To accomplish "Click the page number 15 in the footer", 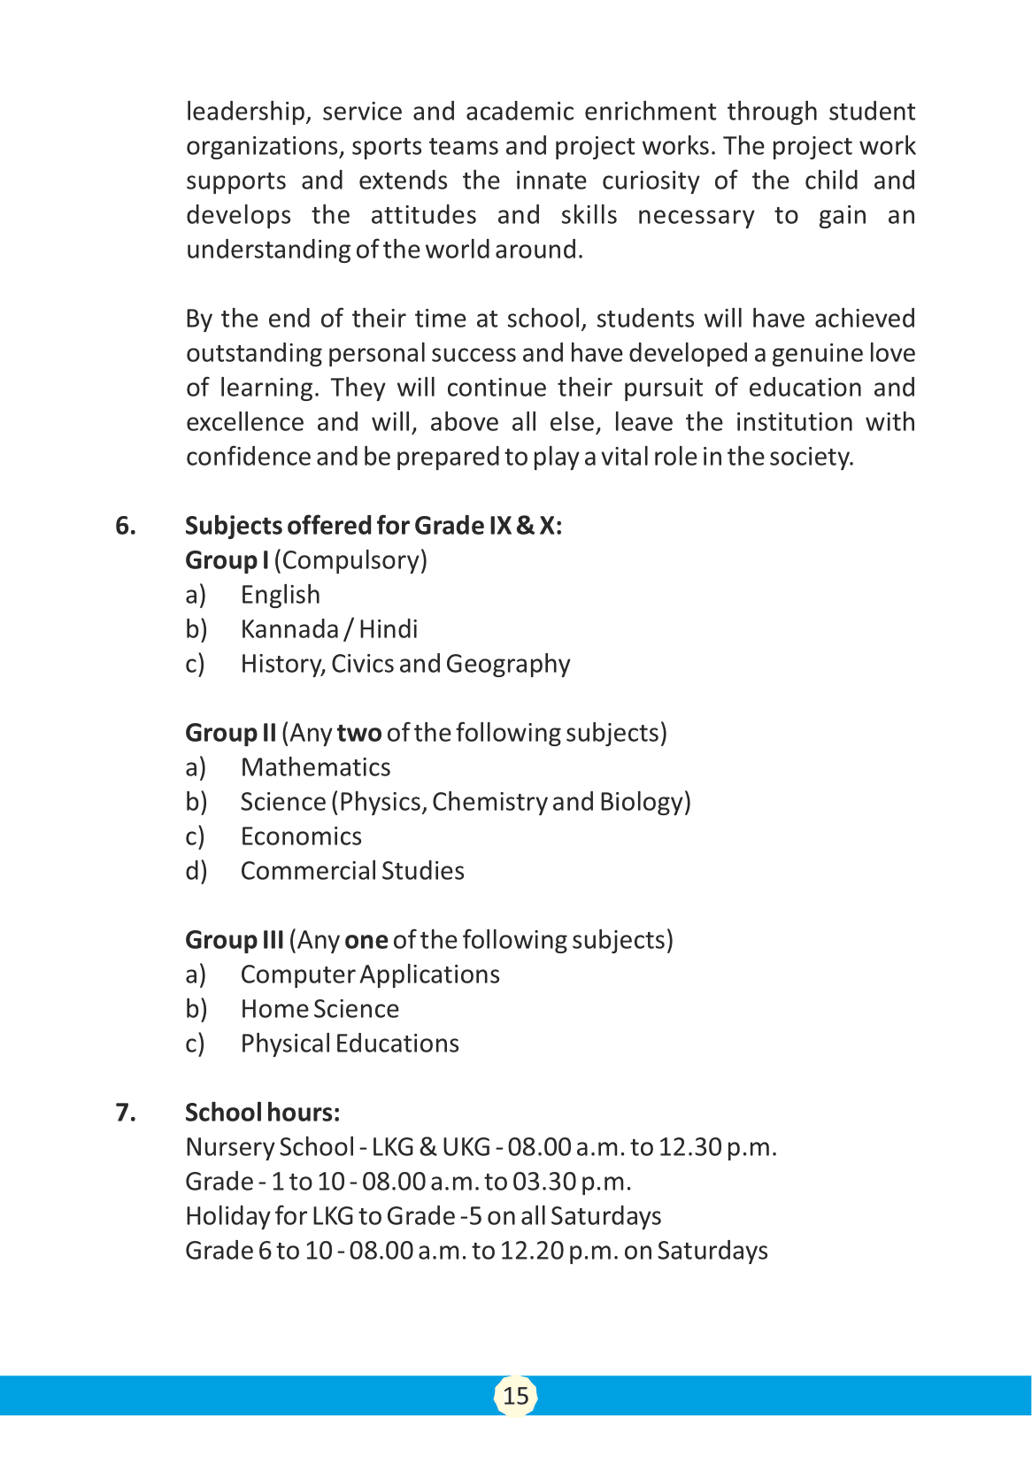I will [515, 1396].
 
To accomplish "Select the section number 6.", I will [126, 526].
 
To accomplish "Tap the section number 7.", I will [126, 1113].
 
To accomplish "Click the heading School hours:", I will [262, 1113].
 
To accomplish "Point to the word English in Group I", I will [280, 596].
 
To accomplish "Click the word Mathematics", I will [315, 767].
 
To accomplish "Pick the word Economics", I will [301, 836].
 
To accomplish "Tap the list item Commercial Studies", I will [352, 871].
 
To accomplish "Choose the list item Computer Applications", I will [370, 975].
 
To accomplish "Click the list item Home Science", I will [320, 1009].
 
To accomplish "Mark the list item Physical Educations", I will [350, 1044].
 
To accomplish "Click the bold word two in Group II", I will [358, 733].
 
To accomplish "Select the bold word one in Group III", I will [366, 940].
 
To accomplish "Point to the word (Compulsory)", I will [350, 560].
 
